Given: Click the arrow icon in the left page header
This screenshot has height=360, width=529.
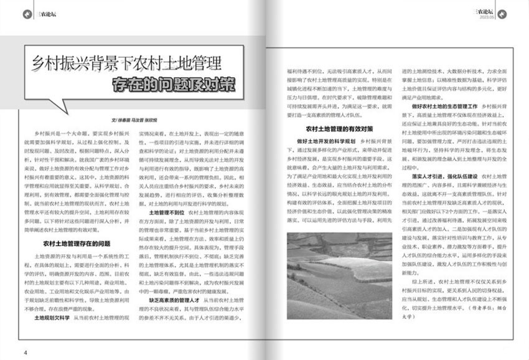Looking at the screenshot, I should (x=26, y=12).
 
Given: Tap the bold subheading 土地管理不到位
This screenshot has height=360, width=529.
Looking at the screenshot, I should (x=164, y=212).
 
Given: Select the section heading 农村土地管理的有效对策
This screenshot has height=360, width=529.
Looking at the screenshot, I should (x=339, y=129).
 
